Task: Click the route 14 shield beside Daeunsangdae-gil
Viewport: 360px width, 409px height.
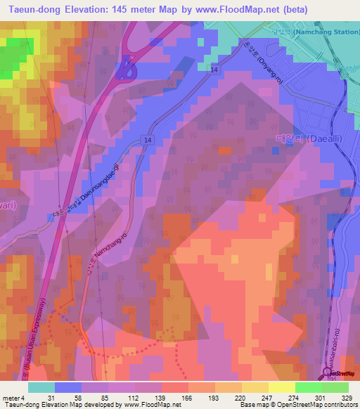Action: [x=147, y=141]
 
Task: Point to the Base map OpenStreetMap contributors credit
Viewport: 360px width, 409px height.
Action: [x=296, y=405]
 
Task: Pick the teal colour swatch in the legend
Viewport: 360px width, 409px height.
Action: [x=41, y=387]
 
